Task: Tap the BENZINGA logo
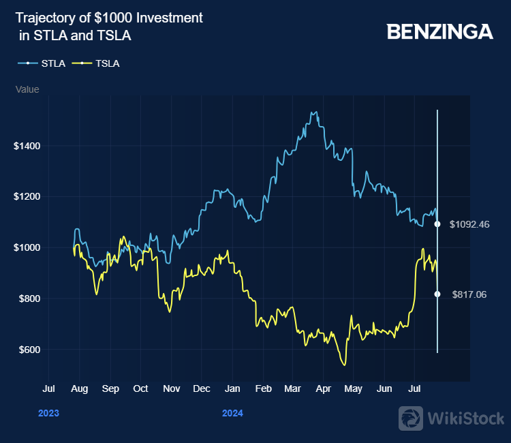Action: [x=439, y=31]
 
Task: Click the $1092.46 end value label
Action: [x=470, y=224]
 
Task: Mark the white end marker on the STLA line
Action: [x=437, y=224]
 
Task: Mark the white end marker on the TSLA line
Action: [x=437, y=294]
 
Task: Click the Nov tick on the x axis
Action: [x=172, y=389]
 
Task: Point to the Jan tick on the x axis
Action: [x=232, y=389]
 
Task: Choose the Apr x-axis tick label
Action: [x=324, y=389]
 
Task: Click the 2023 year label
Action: [x=48, y=413]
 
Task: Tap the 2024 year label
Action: [x=232, y=413]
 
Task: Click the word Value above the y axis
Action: [x=27, y=89]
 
